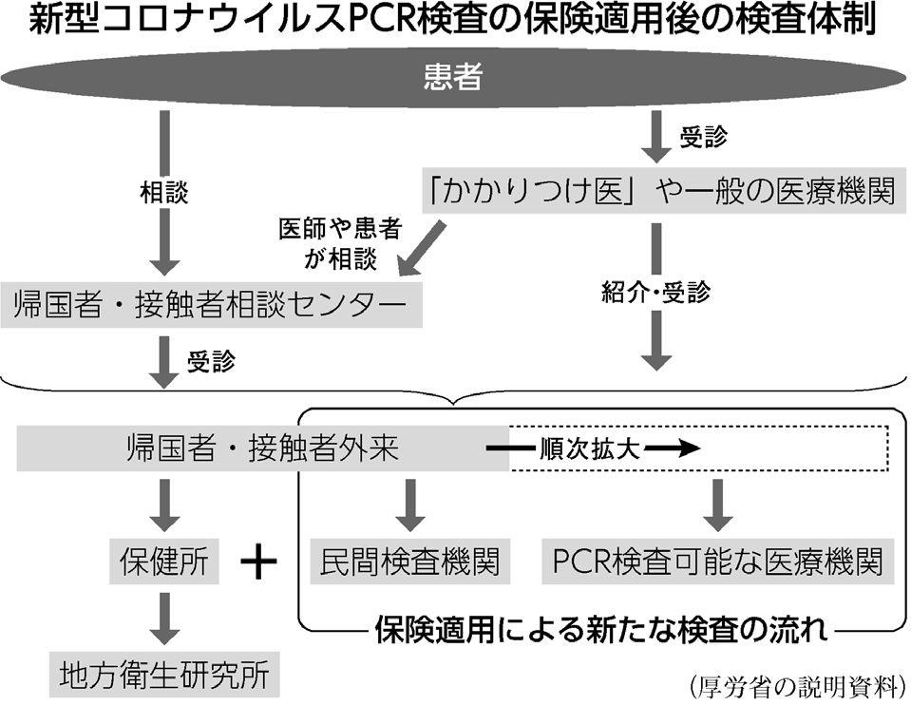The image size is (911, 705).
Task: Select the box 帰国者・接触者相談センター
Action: coord(211,306)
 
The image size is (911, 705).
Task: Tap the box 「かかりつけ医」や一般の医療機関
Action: coord(661,192)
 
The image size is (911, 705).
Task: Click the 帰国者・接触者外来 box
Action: coord(261,448)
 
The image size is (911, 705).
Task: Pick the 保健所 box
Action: coord(164,562)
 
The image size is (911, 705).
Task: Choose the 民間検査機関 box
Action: coord(410,562)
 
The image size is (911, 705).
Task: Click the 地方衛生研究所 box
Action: coord(164,676)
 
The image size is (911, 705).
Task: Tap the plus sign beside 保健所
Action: coord(257,562)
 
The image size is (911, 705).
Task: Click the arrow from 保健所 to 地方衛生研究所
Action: coord(164,619)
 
